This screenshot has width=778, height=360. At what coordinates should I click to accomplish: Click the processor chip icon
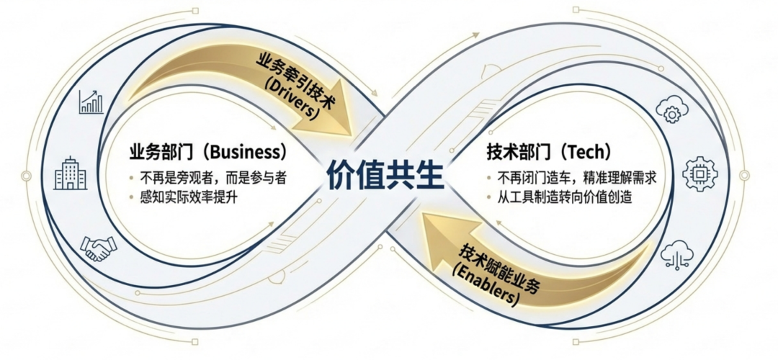point(699,173)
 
